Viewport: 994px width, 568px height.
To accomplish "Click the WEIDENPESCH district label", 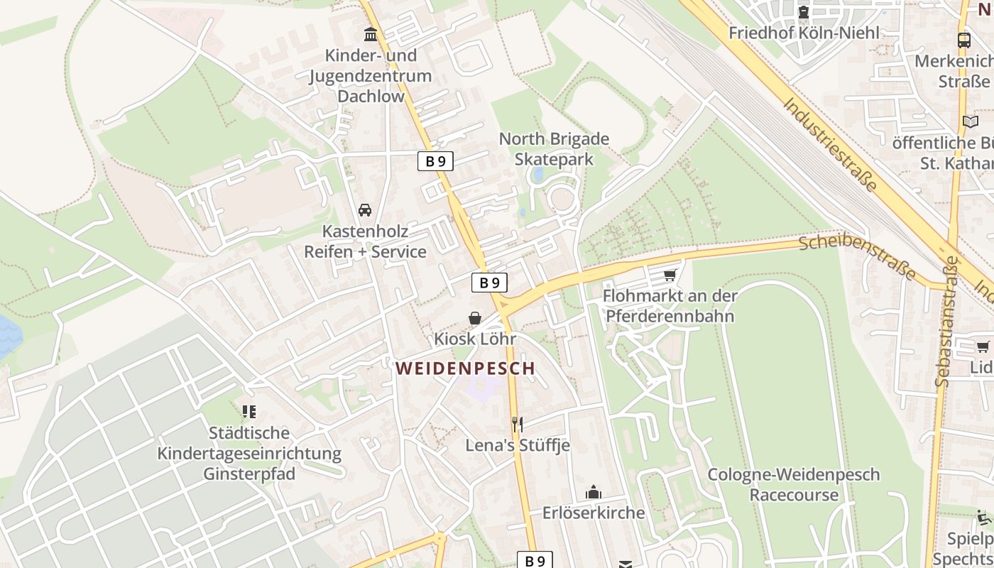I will pyautogui.click(x=465, y=368).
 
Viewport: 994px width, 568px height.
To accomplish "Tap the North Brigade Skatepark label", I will pyautogui.click(x=554, y=149).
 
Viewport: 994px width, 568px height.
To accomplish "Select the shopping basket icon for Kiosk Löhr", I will pyautogui.click(x=474, y=318).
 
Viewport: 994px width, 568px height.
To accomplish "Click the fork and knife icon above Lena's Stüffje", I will pyautogui.click(x=518, y=425).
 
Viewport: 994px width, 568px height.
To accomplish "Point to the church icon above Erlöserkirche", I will pyautogui.click(x=593, y=492).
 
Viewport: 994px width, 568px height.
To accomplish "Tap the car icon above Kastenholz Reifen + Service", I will pyautogui.click(x=365, y=210).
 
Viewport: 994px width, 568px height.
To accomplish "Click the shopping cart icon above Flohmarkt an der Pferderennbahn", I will pyautogui.click(x=670, y=275).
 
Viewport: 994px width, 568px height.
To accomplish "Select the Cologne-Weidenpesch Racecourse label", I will pyautogui.click(x=794, y=484).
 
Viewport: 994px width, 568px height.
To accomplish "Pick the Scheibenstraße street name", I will pyautogui.click(x=856, y=257).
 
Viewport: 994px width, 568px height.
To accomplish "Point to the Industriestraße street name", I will pyautogui.click(x=831, y=144).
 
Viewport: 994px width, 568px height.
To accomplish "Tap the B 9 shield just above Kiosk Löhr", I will pyautogui.click(x=489, y=283).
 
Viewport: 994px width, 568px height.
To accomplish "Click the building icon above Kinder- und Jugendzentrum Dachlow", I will pyautogui.click(x=371, y=34).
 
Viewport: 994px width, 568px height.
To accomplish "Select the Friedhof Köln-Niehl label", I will pyautogui.click(x=804, y=33).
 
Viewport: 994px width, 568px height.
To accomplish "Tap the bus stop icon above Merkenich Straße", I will pyautogui.click(x=964, y=40).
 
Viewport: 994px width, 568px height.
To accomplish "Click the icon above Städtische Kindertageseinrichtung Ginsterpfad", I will pyautogui.click(x=248, y=411).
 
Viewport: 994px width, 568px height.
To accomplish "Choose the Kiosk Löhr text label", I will pyautogui.click(x=475, y=339).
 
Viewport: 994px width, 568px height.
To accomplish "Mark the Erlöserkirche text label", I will pyautogui.click(x=594, y=513).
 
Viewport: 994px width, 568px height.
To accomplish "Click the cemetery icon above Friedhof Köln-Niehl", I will pyautogui.click(x=804, y=12).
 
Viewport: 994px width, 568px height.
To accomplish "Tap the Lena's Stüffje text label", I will pyautogui.click(x=518, y=446).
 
